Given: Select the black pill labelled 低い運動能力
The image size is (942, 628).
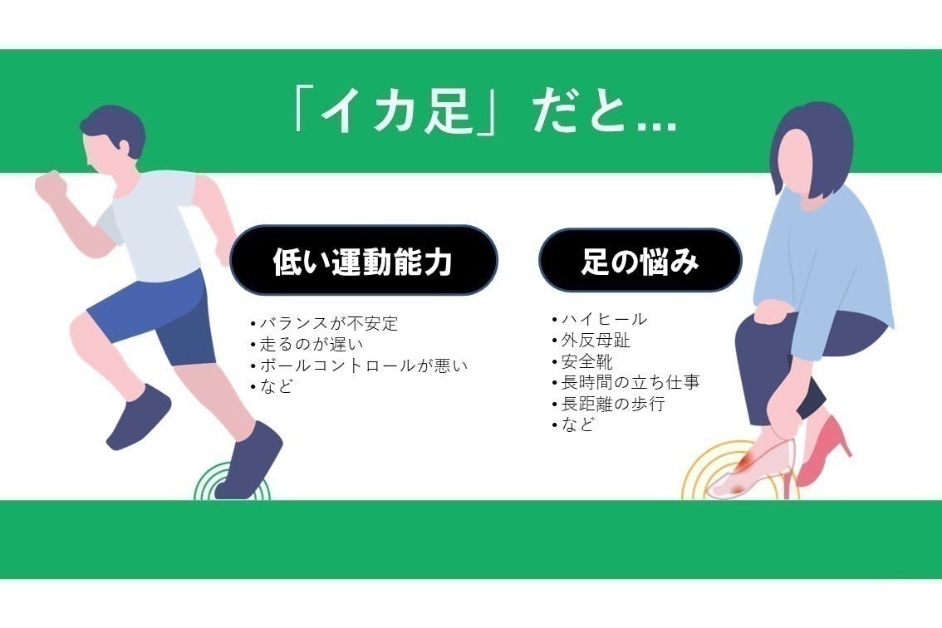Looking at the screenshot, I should [x=363, y=261].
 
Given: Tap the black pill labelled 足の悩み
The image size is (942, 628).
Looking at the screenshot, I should [x=640, y=261].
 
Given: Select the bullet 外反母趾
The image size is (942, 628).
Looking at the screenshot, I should [x=589, y=341].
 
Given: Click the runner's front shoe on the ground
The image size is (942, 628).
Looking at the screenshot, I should [x=249, y=461].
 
